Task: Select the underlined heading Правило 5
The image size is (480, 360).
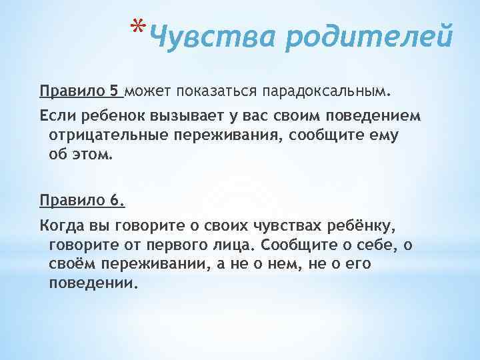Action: [x=81, y=90]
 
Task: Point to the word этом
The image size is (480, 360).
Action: [x=93, y=156]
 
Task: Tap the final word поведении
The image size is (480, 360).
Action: [x=92, y=284]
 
